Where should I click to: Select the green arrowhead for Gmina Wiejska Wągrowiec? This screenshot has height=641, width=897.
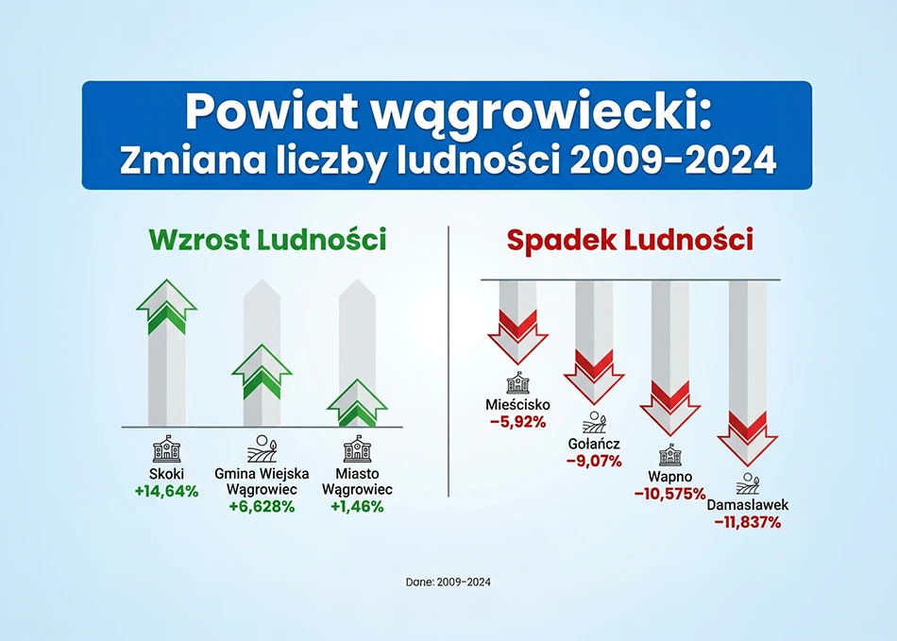262,372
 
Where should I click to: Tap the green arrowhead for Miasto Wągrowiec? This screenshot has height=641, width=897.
358,403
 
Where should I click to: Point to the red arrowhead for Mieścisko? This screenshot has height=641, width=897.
517,337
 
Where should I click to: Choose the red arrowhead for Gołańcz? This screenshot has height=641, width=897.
594,378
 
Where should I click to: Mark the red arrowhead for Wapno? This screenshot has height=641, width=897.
669,409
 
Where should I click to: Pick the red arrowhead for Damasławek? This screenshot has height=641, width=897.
747,439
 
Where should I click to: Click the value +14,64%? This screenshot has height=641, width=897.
166,491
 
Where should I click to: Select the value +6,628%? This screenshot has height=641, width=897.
262,507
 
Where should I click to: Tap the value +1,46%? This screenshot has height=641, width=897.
358,507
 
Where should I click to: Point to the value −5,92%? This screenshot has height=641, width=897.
517,423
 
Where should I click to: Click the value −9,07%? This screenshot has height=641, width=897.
594,461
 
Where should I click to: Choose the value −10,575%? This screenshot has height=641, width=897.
669,494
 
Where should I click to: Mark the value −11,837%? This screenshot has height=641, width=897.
747,522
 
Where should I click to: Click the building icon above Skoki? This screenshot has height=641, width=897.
166,448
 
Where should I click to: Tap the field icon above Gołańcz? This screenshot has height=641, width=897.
594,422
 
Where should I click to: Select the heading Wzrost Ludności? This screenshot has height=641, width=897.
268,240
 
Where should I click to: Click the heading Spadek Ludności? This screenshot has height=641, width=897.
630,240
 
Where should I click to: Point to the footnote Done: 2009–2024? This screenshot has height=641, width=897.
448,582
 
